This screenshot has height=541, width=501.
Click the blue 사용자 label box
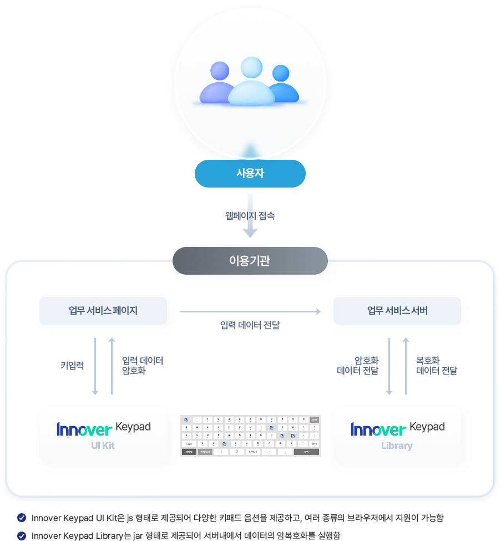(x=250, y=174)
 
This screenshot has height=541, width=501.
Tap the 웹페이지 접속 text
(x=250, y=216)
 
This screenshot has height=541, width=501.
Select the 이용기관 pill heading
(x=250, y=261)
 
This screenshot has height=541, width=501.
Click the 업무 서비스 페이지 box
(x=103, y=311)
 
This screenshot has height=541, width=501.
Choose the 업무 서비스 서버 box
(x=397, y=311)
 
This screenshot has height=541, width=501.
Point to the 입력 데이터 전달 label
(x=250, y=325)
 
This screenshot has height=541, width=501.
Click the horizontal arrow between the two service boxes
(x=250, y=312)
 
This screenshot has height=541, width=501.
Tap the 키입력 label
(x=72, y=366)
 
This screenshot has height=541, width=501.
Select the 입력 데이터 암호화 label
(x=143, y=366)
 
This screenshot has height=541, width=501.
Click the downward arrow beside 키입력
(x=95, y=366)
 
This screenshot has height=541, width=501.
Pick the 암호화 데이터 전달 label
(x=358, y=366)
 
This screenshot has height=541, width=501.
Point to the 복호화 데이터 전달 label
(x=437, y=366)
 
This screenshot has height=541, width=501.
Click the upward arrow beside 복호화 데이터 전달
(x=406, y=366)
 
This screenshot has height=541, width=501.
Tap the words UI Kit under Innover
(x=103, y=446)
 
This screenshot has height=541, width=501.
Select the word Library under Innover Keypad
(x=397, y=446)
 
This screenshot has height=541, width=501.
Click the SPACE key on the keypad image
(x=253, y=452)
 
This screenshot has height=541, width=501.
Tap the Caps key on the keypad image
(x=190, y=444)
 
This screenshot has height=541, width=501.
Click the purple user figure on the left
(x=219, y=83)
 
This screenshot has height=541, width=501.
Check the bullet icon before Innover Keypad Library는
(x=22, y=535)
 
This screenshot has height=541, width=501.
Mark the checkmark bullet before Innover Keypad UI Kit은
(x=22, y=518)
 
